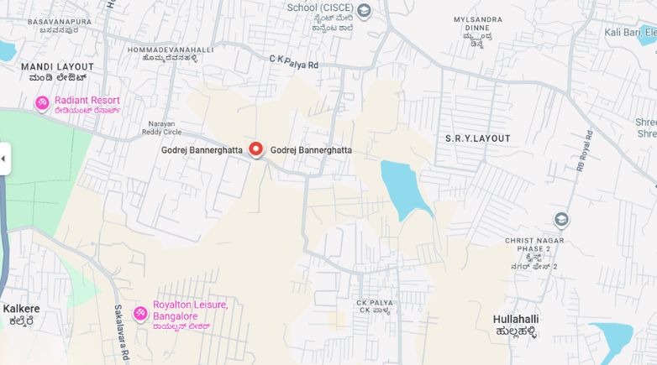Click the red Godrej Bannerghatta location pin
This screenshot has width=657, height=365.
[x=256, y=149]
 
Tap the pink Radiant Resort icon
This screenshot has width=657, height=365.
[x=42, y=103]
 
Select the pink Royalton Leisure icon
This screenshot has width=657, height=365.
[x=141, y=314]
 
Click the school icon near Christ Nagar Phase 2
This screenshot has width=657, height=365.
[x=561, y=220]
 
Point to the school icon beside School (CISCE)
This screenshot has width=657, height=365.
[x=364, y=11]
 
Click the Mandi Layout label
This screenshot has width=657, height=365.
[x=57, y=66]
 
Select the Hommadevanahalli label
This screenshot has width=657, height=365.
[x=171, y=50]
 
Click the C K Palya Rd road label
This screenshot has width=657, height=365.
[x=294, y=61]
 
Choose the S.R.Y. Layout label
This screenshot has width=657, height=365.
[x=477, y=138]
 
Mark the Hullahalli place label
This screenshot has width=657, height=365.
[x=516, y=320]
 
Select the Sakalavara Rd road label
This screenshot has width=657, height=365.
[x=123, y=334]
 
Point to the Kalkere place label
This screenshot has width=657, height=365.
[x=21, y=309]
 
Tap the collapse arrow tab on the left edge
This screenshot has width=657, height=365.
[x=4, y=159]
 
